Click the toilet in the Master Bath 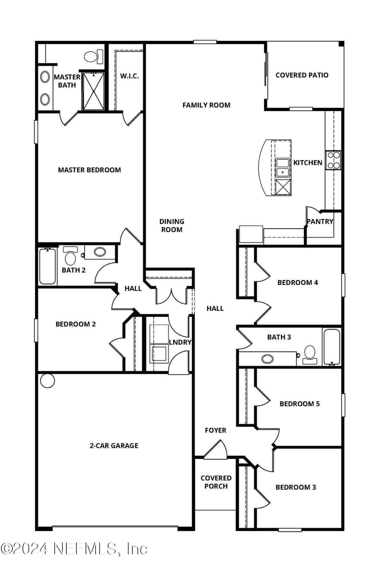pyautogui.click(x=92, y=57)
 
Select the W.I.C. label pyautogui.click(x=129, y=76)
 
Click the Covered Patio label pyautogui.click(x=302, y=75)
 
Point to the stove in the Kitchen pyautogui.click(x=333, y=160)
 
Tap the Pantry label pyautogui.click(x=320, y=221)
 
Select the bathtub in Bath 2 pyautogui.click(x=47, y=266)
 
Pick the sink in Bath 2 pyautogui.click(x=100, y=252)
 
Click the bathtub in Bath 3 pyautogui.click(x=331, y=346)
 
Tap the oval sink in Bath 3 pyautogui.click(x=267, y=359)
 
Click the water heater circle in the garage pyautogui.click(x=48, y=381)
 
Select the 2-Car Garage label pyautogui.click(x=114, y=446)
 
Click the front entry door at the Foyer pyautogui.click(x=214, y=450)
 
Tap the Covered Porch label pyautogui.click(x=216, y=482)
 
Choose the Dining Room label pyautogui.click(x=172, y=225)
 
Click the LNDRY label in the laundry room pyautogui.click(x=180, y=342)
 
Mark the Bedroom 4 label pyautogui.click(x=297, y=282)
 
